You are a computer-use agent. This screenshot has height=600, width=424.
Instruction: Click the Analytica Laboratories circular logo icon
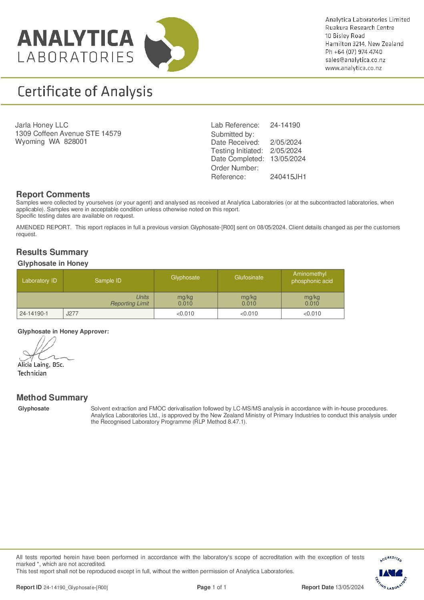click(171, 44)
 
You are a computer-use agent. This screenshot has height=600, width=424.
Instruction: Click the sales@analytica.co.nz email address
click(355, 60)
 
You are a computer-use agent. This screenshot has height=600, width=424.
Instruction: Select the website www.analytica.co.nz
click(354, 68)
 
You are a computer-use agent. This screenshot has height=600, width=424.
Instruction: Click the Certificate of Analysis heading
click(85, 92)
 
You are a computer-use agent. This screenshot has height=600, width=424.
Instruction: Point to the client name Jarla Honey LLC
click(42, 125)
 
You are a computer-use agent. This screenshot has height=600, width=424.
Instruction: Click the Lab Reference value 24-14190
click(285, 125)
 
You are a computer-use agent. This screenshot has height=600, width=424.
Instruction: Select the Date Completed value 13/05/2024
click(288, 159)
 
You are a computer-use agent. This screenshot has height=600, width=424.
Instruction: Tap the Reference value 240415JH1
click(288, 177)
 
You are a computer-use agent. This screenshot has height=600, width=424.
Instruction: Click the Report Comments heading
click(53, 194)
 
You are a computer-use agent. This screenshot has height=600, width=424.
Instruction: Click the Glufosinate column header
click(249, 277)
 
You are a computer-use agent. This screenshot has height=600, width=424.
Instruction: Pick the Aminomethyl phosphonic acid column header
click(312, 277)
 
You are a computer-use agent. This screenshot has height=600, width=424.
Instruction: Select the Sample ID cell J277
click(72, 313)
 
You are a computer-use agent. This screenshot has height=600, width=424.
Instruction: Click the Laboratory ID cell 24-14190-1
click(34, 313)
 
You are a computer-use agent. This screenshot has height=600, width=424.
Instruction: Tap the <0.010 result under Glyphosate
click(185, 313)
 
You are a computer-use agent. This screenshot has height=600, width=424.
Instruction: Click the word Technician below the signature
click(32, 373)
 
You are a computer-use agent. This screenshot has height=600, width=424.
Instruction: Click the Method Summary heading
click(52, 398)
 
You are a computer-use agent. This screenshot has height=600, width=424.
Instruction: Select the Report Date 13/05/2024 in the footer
click(350, 587)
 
